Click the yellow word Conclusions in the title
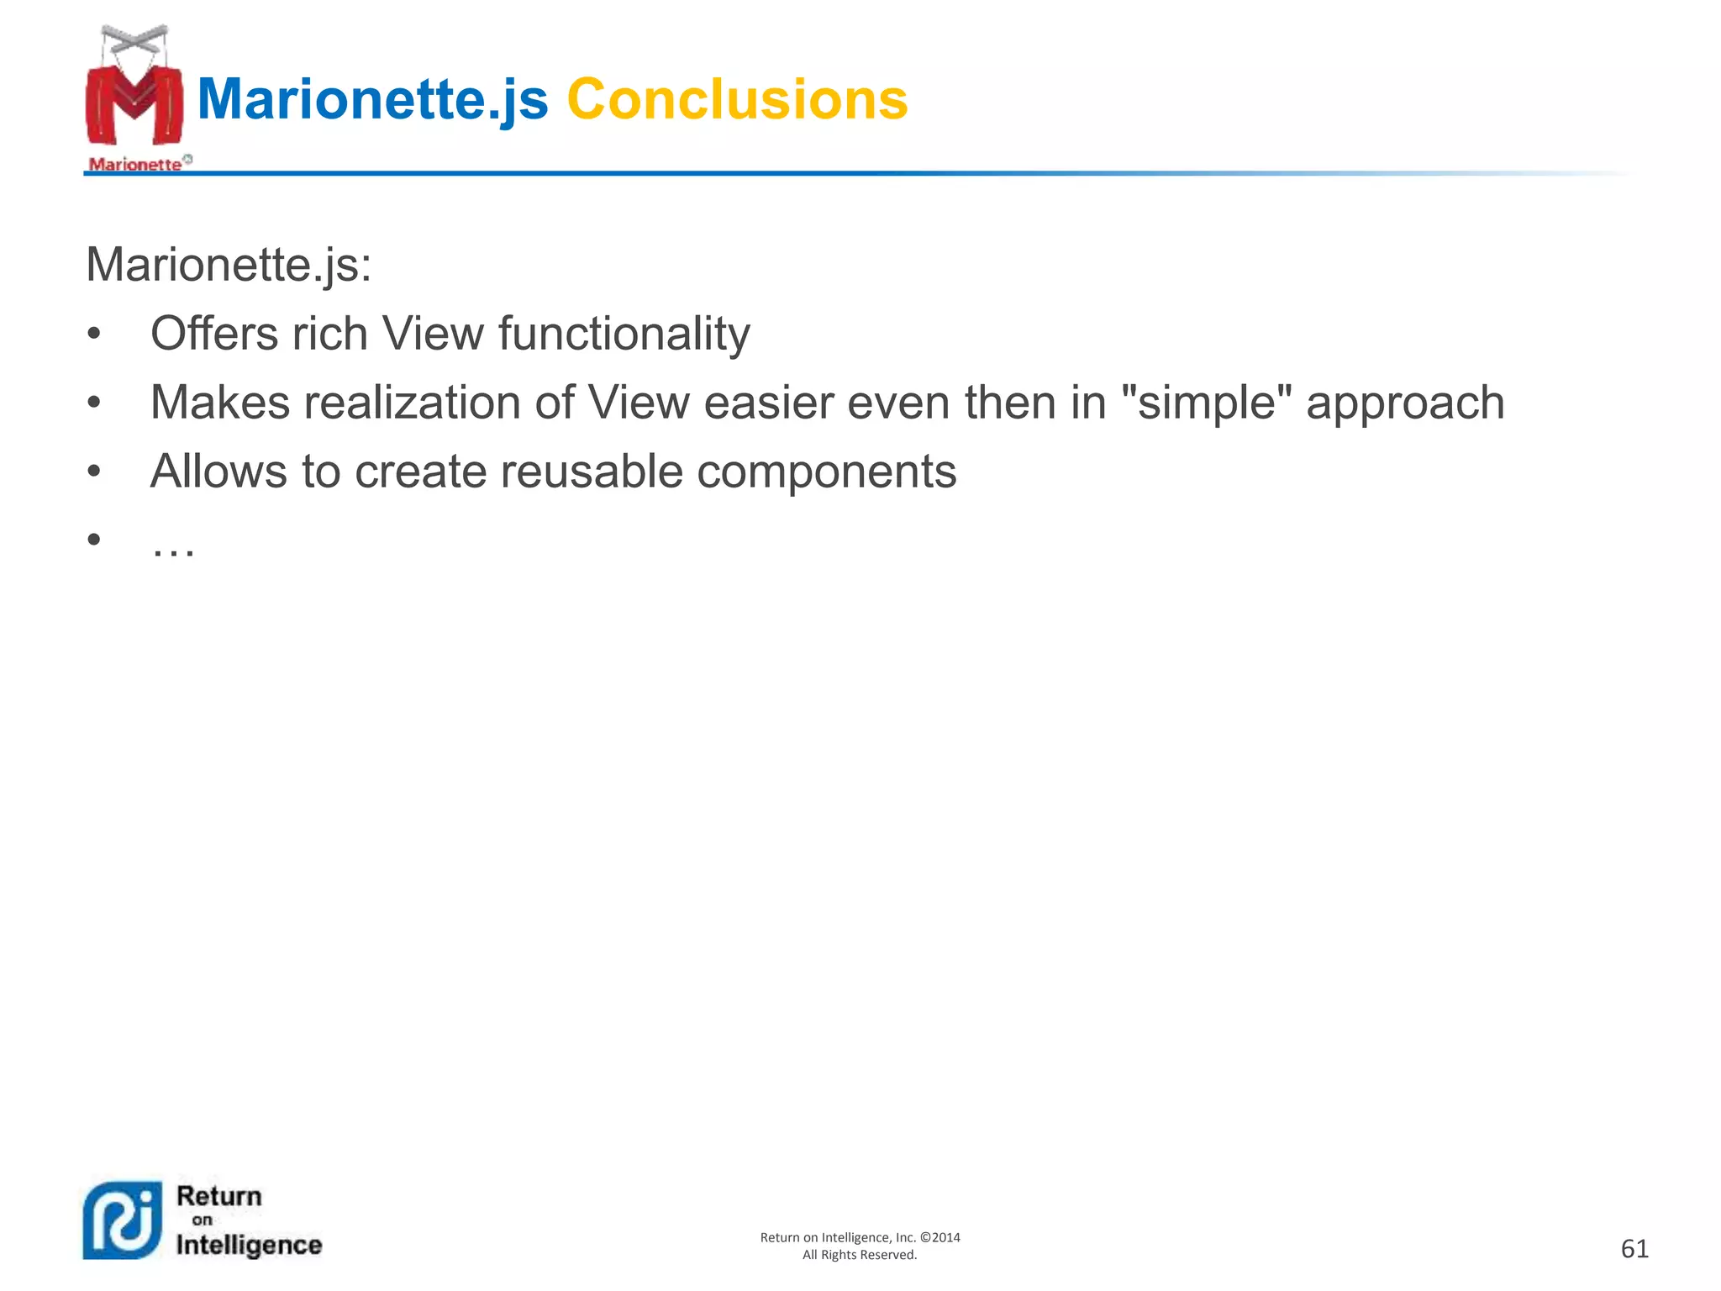tap(737, 99)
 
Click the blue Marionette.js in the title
tap(372, 99)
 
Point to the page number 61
tap(1634, 1248)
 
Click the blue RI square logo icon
tap(123, 1220)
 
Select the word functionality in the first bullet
tap(624, 334)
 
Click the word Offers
tap(213, 334)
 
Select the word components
tap(826, 472)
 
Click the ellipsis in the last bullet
tap(173, 548)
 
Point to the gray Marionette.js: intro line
tap(229, 265)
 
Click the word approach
tap(1405, 403)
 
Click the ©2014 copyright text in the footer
tap(940, 1237)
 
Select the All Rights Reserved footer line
tap(860, 1255)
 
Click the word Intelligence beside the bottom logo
tap(249, 1244)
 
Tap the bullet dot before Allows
tap(93, 472)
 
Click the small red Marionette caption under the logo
tap(135, 164)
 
